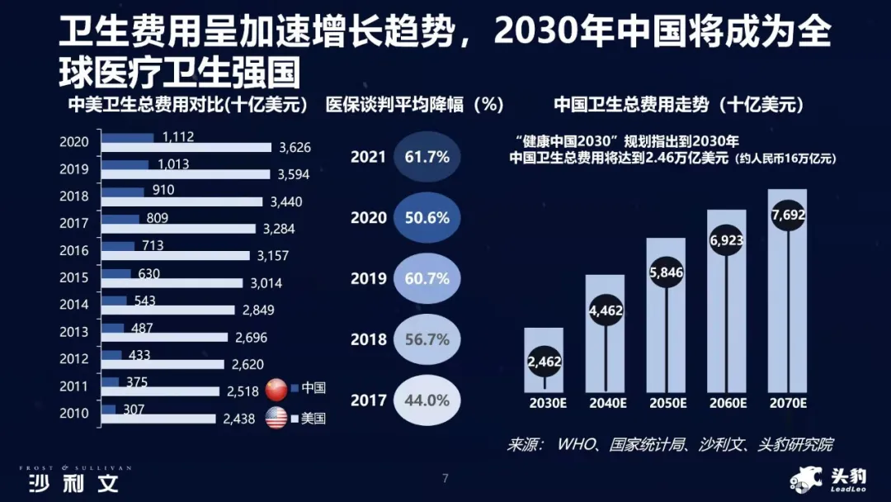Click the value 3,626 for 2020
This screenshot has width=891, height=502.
[295, 148]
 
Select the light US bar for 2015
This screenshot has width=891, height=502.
[172, 282]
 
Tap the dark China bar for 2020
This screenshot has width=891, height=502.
[128, 137]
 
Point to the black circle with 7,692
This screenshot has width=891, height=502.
[788, 216]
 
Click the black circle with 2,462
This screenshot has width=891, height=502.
[544, 361]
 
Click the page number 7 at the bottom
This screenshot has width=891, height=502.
[445, 478]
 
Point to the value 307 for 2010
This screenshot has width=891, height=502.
[133, 409]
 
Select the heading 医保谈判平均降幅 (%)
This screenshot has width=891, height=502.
[414, 106]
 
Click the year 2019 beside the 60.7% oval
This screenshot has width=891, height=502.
[368, 278]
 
